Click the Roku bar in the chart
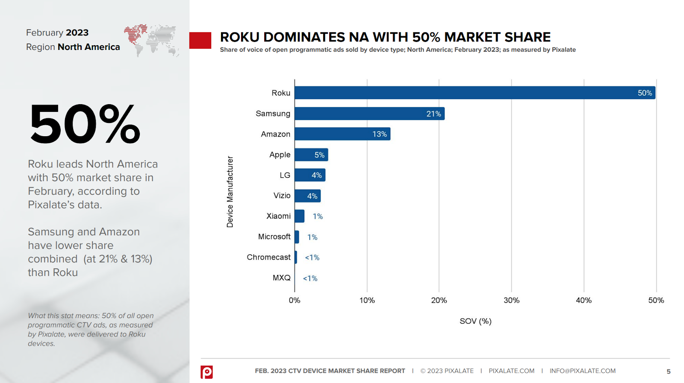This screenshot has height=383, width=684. tap(475, 93)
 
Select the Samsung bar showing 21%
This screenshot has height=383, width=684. tap(369, 114)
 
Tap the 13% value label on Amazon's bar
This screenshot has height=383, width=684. tap(379, 134)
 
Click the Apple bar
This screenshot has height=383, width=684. tap(311, 155)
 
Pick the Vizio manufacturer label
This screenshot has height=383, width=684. tap(282, 196)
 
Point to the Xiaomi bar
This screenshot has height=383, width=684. tap(299, 216)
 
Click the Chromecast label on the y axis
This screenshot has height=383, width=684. tap(268, 257)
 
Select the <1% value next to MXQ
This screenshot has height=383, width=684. tap(310, 278)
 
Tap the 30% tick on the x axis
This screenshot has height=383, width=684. tap(511, 300)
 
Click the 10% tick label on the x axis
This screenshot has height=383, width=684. tap(367, 300)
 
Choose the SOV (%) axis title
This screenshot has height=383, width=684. tap(475, 321)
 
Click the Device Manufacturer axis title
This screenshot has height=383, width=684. tap(230, 191)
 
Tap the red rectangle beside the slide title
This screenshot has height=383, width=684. tap(200, 40)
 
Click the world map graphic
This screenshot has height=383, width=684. tap(151, 40)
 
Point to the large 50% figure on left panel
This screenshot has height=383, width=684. tap(85, 124)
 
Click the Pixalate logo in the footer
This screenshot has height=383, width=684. tap(206, 371)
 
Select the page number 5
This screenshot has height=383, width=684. tap(669, 371)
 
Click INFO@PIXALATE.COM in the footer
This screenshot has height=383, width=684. tap(582, 371)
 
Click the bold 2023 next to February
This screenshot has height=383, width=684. tap(77, 32)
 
